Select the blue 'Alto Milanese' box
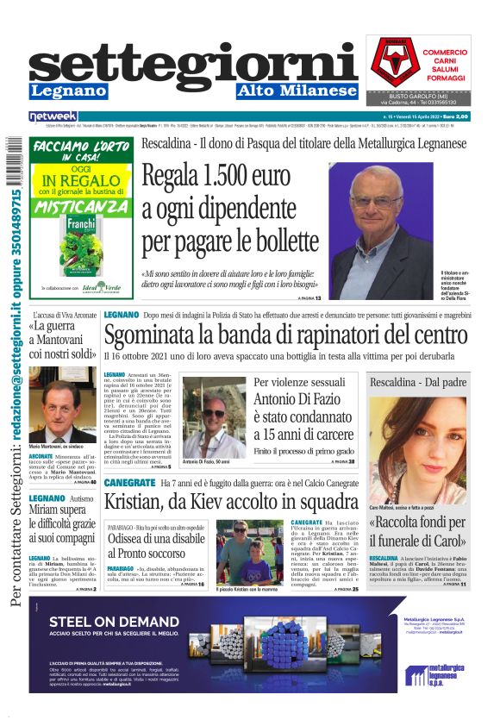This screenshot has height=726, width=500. [x=292, y=91]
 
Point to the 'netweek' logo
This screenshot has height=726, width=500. [x=53, y=116]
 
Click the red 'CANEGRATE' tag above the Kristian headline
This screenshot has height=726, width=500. [x=130, y=484]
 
